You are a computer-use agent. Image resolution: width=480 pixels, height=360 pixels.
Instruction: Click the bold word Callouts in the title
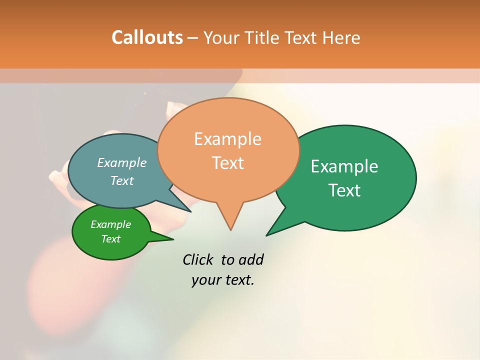(147, 37)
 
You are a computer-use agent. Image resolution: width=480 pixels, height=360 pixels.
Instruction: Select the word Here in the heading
(342, 37)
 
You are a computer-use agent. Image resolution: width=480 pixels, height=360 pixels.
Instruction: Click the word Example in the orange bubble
(227, 139)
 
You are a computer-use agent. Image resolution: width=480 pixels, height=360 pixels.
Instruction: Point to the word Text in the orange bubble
(227, 163)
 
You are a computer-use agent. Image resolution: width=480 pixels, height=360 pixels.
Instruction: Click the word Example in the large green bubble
(344, 166)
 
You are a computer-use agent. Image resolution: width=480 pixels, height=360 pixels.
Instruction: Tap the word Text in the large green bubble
(344, 190)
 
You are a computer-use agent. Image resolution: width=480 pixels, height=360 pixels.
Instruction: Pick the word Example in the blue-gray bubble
(121, 163)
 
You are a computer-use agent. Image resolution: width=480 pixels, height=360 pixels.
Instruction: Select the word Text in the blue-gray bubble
(121, 180)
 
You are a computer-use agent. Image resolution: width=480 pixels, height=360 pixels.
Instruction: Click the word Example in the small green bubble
(110, 224)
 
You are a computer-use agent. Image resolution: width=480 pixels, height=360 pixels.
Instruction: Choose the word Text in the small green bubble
(110, 239)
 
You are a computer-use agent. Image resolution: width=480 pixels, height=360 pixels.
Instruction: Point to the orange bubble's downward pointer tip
(230, 229)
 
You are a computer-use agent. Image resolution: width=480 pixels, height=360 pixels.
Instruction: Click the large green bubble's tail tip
(267, 235)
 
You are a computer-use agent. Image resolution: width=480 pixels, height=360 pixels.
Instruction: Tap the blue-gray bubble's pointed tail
(190, 211)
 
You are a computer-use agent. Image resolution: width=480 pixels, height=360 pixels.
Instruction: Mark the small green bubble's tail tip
(172, 239)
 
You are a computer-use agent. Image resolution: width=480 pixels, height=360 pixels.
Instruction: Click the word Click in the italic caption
(198, 260)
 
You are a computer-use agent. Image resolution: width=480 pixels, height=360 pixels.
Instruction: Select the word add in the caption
(250, 260)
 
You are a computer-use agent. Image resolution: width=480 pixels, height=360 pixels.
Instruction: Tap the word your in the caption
(205, 280)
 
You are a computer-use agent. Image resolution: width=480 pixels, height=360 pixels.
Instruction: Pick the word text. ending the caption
(238, 280)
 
